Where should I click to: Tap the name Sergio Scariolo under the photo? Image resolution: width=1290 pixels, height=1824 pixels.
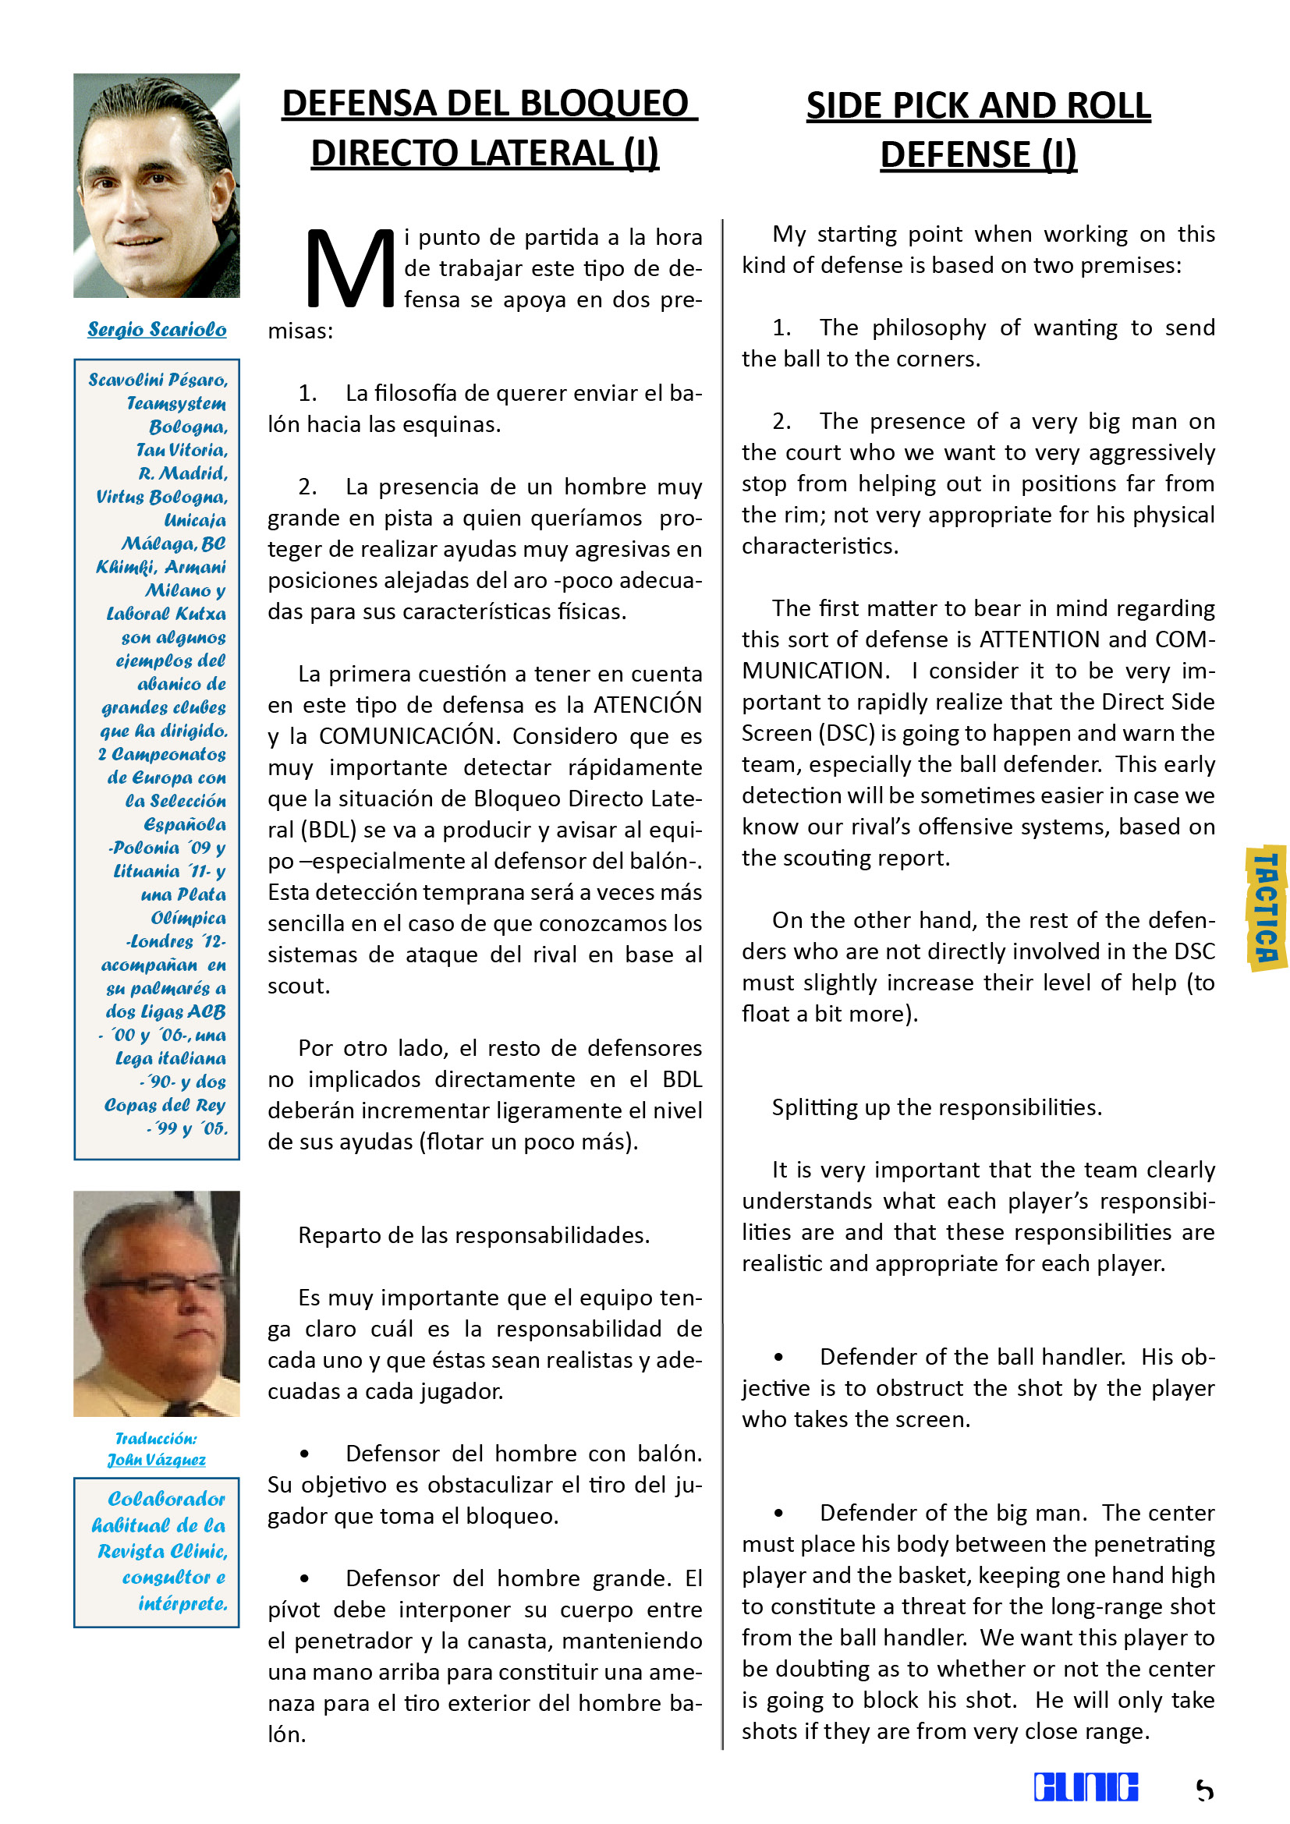157,329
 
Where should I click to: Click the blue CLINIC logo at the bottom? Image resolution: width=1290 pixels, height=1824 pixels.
1085,1787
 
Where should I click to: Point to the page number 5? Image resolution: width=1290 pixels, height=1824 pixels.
1204,1790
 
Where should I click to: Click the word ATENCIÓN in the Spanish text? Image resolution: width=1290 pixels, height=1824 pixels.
647,705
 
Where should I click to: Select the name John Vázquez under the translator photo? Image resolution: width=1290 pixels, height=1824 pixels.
157,1460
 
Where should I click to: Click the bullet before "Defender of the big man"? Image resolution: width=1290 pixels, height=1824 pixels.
778,1514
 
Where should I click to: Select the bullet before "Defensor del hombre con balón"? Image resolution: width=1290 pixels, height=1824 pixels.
303,1454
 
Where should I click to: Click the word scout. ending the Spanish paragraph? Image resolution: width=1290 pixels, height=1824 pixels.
298,986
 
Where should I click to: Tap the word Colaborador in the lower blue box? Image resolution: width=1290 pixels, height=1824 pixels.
167,1499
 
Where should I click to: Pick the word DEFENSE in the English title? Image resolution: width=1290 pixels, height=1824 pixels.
955,155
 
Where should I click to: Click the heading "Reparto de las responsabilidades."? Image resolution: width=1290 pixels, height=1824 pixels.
473,1235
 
